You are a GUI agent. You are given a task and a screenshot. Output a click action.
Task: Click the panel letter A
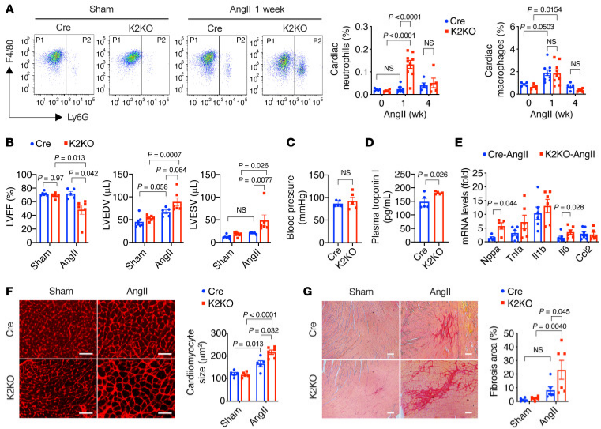[x=6, y=6]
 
